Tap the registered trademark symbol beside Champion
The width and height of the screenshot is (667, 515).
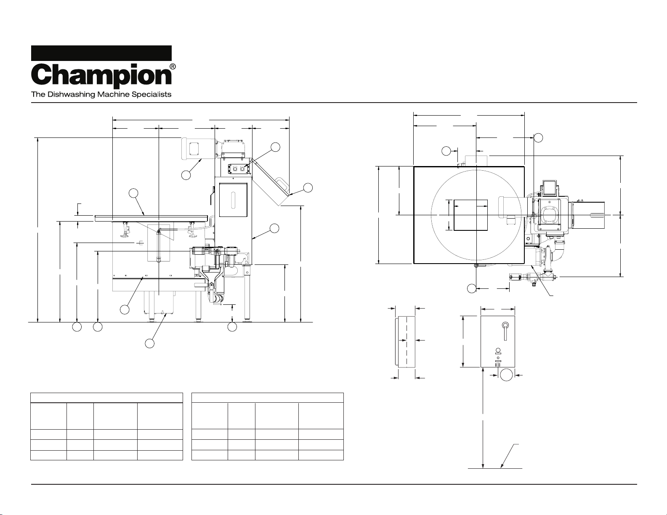[x=173, y=67]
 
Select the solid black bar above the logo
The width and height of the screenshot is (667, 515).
[x=101, y=53]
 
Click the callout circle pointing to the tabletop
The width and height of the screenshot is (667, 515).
[x=133, y=193]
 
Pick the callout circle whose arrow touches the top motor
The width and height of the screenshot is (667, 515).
[x=186, y=175]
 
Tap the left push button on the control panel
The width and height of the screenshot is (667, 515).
[x=235, y=169]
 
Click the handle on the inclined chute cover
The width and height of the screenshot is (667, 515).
[x=282, y=183]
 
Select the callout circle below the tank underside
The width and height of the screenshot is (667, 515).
[x=149, y=343]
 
